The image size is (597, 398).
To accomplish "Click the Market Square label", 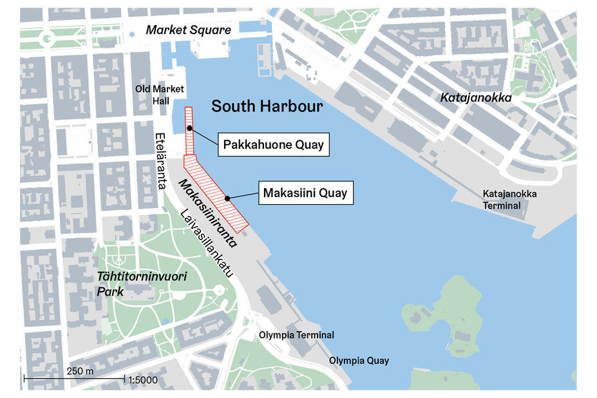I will [x=188, y=30].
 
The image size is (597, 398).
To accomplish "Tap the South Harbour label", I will [x=267, y=106].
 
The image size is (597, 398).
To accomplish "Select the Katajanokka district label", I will [x=475, y=98].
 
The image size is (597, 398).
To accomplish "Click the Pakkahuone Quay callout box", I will [x=273, y=145].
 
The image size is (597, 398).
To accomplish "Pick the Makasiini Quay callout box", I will [x=306, y=193].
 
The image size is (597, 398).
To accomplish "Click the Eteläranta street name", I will [x=160, y=161].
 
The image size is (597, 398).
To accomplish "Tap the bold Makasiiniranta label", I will [x=207, y=213].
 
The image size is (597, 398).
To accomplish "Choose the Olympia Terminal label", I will [x=296, y=336].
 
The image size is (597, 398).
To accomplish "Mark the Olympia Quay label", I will [x=359, y=361].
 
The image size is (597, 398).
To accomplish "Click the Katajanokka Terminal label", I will [x=509, y=200].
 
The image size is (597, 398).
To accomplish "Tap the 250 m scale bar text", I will [x=80, y=372].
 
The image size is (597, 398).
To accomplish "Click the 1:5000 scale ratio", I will [x=143, y=380].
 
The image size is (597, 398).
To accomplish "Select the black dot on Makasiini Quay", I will [x=227, y=198].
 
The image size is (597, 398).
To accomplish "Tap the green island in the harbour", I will [x=444, y=316].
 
